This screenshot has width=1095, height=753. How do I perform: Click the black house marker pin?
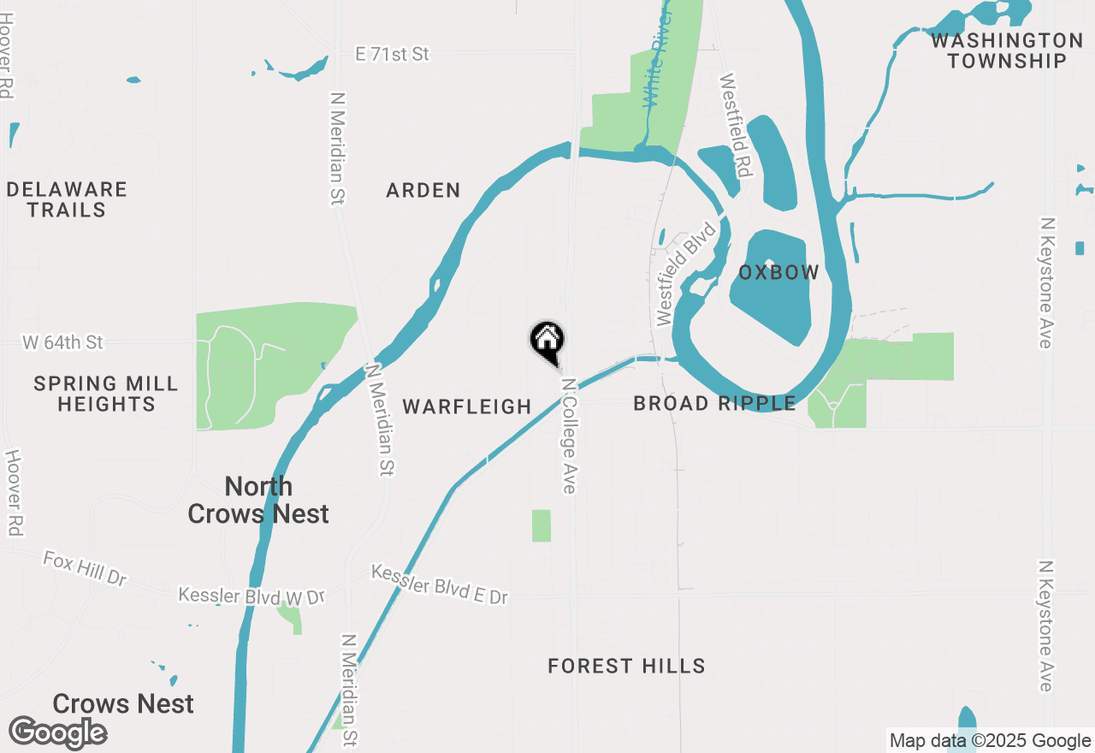pyautogui.click(x=547, y=341)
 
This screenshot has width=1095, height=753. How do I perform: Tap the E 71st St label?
pyautogui.click(x=393, y=55)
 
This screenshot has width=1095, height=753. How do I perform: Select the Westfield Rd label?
pyautogui.click(x=735, y=126)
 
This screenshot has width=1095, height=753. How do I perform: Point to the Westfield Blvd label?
pyautogui.click(x=685, y=274)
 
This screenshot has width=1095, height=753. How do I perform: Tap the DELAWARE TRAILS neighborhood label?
pyautogui.click(x=67, y=199)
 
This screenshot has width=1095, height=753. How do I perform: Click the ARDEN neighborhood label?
pyautogui.click(x=423, y=190)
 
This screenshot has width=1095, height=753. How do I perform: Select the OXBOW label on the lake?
pyautogui.click(x=778, y=273)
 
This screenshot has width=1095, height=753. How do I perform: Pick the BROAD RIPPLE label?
pyautogui.click(x=714, y=403)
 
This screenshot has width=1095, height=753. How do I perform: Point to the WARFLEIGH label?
pyautogui.click(x=467, y=406)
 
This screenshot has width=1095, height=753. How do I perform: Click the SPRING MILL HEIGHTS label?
pyautogui.click(x=106, y=394)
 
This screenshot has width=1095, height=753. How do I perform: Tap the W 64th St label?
pyautogui.click(x=63, y=342)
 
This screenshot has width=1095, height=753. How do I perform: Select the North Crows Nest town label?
pyautogui.click(x=258, y=500)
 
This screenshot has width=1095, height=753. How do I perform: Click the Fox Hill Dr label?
pyautogui.click(x=85, y=568)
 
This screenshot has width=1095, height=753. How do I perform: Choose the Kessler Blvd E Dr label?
pyautogui.click(x=440, y=584)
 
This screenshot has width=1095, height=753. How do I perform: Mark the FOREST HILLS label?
pyautogui.click(x=626, y=666)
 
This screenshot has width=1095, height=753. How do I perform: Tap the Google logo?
pyautogui.click(x=58, y=732)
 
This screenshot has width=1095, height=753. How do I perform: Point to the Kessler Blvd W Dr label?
pyautogui.click(x=252, y=596)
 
